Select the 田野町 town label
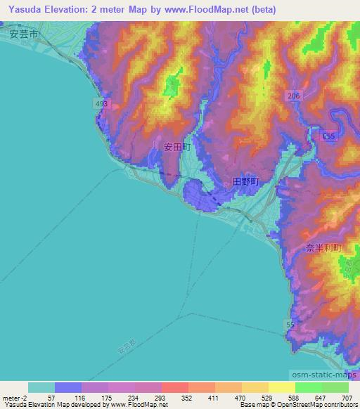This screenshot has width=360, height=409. tap(246, 181)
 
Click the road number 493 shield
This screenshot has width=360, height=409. tap(101, 104)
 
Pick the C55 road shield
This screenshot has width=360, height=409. tap(328, 136)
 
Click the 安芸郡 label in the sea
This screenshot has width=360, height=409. tap(125, 347)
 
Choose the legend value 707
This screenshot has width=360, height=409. tap(347, 398)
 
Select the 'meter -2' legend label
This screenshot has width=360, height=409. tap(13, 398)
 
